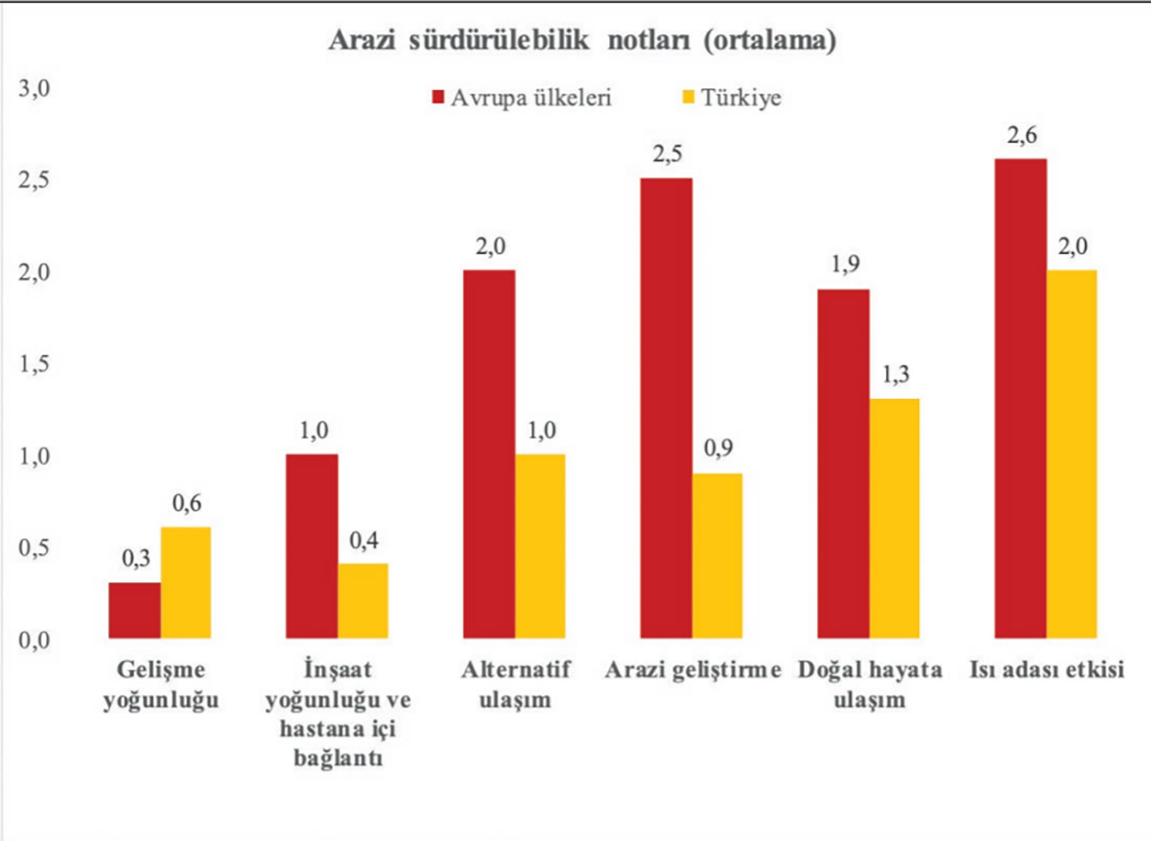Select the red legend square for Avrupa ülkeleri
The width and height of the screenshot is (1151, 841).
click(438, 98)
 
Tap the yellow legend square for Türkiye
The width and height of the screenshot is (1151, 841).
click(687, 98)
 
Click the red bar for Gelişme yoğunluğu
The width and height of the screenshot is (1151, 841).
click(134, 610)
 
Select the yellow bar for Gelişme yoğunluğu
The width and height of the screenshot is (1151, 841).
click(185, 582)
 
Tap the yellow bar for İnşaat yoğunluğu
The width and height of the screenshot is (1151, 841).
click(363, 600)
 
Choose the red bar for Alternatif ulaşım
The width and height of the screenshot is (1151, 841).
click(489, 454)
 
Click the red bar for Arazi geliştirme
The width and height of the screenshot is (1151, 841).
click(666, 408)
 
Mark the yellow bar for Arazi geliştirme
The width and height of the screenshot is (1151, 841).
click(716, 555)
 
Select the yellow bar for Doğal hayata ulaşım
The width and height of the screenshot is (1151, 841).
click(894, 518)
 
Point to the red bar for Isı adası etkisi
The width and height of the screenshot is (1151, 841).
click(1021, 398)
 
